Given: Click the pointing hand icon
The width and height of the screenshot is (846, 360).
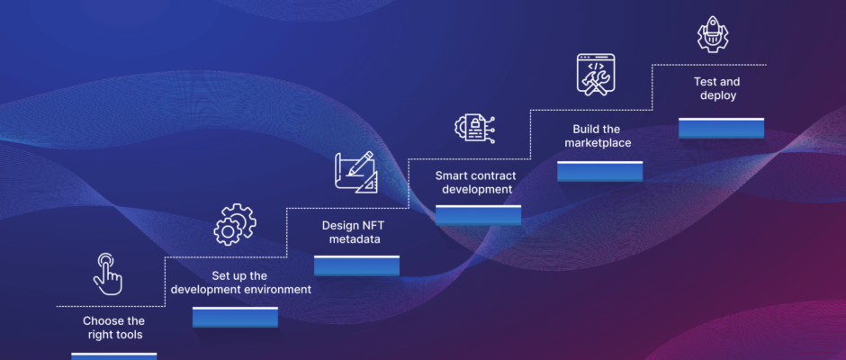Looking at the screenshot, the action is [108, 274].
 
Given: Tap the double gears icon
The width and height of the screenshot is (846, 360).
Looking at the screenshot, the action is [235, 224].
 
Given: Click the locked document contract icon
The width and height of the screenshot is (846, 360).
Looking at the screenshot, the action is [475, 128].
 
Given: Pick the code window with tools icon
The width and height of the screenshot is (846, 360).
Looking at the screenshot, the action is [596, 75].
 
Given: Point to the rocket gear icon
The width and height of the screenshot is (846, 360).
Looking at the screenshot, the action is [712, 34].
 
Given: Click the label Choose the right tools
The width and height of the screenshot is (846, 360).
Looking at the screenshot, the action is [114, 328].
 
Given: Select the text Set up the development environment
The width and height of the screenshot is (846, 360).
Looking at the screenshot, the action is [240, 283].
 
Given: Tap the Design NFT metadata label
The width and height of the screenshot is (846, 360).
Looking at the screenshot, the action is [355, 232].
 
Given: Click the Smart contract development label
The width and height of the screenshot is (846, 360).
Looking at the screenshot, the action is [476, 183].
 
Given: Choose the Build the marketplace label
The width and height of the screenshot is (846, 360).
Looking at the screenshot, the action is [597, 136].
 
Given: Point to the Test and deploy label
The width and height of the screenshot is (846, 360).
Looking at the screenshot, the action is [717, 89].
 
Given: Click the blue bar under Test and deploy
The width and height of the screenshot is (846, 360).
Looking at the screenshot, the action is [722, 128].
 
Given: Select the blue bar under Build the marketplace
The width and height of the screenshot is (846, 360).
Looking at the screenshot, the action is [600, 171].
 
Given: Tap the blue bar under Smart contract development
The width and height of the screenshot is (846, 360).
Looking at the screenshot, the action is [479, 215].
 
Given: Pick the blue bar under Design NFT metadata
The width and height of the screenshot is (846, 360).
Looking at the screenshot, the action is [356, 265].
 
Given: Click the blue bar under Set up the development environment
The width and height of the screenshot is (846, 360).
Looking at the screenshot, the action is [235, 317].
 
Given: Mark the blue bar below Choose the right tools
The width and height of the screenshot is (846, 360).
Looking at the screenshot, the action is [113, 356].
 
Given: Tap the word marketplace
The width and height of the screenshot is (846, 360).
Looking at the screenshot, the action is [598, 143].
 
